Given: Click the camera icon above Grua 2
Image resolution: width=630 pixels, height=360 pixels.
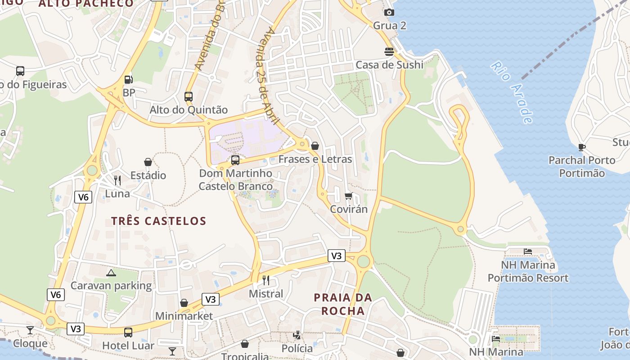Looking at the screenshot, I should (389, 13).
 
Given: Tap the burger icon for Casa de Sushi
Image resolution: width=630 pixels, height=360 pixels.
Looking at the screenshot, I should (389, 52).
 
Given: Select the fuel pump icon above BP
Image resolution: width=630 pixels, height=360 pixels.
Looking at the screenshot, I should (129, 80).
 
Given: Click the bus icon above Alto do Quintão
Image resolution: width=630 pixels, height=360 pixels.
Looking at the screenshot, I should (189, 97).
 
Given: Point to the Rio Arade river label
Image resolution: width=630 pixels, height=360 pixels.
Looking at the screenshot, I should (512, 92).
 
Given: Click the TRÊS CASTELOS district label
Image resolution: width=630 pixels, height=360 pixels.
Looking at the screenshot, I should (158, 221).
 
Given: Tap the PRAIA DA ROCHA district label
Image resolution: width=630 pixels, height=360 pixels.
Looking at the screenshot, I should (343, 304).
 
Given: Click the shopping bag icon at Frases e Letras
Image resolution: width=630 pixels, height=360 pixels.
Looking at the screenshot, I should (315, 146).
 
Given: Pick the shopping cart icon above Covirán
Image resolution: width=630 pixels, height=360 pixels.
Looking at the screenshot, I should (348, 196).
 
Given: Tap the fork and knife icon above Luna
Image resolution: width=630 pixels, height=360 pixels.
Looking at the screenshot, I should (117, 180).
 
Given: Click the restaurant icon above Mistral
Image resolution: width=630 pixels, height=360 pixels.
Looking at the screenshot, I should (266, 280).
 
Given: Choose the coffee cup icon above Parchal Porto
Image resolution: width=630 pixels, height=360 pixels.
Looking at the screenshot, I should (581, 147).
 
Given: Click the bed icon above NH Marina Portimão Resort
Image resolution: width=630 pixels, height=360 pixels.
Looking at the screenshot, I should (528, 252).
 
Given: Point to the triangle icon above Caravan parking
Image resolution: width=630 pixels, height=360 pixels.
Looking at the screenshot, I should (111, 273).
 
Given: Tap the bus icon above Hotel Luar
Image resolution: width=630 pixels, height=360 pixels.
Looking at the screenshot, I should (128, 333).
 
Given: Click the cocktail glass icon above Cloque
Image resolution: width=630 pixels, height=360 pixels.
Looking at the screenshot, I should (30, 330).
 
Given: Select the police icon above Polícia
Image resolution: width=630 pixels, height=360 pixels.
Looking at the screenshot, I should (297, 335).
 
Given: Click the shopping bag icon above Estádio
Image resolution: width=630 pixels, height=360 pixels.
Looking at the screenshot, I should (148, 162).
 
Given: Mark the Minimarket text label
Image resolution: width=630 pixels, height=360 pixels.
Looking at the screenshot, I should (184, 316).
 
